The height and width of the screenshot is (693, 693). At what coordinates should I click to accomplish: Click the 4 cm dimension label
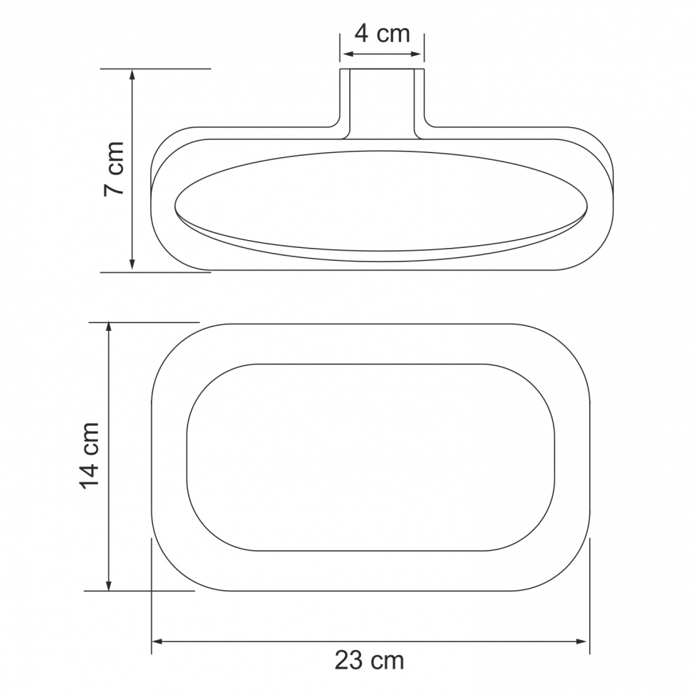click(382, 34)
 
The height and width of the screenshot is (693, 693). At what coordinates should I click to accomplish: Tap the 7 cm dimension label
click(114, 169)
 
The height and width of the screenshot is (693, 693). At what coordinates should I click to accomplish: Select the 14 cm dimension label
click(90, 456)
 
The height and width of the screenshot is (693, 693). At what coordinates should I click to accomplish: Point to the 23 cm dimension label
click(369, 660)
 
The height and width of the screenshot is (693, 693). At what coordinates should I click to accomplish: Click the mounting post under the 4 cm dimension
click(382, 100)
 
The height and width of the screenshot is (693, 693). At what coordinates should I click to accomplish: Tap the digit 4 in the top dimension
click(362, 34)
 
